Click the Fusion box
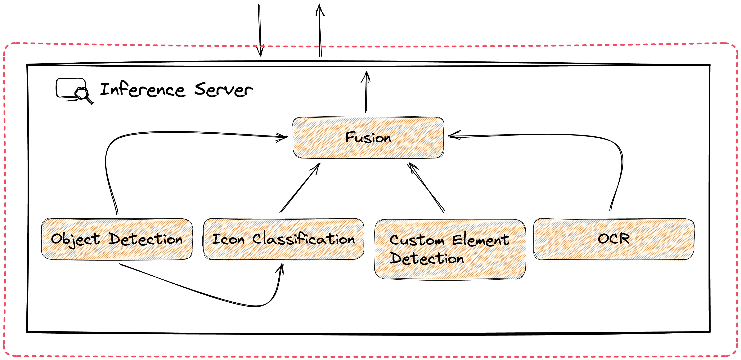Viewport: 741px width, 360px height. pos(368,137)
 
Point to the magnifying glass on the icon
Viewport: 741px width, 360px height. pos(83,96)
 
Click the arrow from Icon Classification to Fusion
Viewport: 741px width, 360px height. pos(300,188)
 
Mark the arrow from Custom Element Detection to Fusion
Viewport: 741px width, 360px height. pos(426,188)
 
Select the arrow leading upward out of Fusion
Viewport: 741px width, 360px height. pos(366,91)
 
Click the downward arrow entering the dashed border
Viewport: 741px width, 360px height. pos(260,30)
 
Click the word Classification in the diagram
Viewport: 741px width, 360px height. pos(303,239)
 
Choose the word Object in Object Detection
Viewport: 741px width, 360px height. pos(75,239)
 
